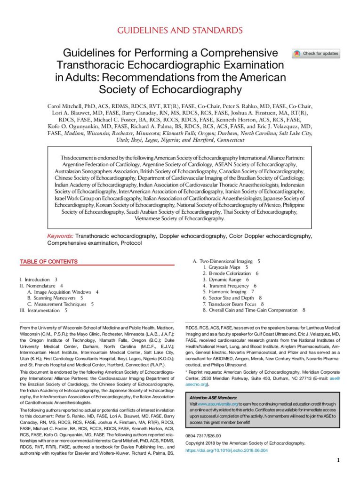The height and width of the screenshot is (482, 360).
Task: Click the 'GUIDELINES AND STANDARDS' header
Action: (x=179, y=31)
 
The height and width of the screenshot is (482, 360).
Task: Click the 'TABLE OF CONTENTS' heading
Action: (x=48, y=262)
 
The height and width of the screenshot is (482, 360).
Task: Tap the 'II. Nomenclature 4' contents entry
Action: (x=41, y=286)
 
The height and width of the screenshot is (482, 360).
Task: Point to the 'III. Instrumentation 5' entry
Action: (x=43, y=310)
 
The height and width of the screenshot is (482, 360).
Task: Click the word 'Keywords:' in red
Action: (x=60, y=235)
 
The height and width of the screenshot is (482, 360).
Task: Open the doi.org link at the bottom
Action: (x=226, y=450)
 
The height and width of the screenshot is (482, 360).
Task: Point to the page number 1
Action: (x=338, y=460)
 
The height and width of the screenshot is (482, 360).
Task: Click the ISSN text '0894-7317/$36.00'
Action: (x=203, y=436)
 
